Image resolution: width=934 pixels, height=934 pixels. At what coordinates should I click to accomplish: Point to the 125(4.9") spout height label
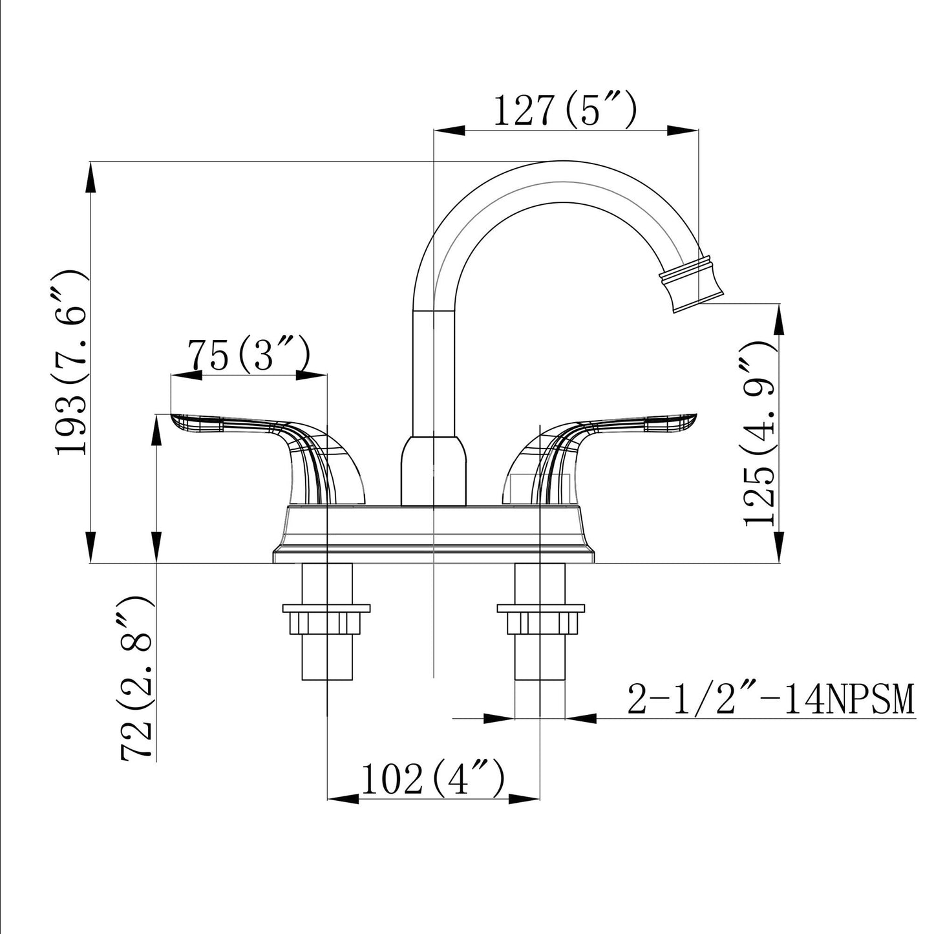coord(760,432)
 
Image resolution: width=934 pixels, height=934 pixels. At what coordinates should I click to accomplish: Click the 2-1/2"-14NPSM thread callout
coord(770,699)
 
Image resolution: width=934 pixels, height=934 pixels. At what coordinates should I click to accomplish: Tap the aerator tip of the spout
coord(692,285)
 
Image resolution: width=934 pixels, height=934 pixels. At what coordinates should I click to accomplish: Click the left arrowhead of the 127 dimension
coord(449,130)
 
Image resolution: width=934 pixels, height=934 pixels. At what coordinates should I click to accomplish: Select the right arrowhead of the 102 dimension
coord(524,799)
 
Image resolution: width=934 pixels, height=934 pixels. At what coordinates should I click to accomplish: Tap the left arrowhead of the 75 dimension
coord(187,375)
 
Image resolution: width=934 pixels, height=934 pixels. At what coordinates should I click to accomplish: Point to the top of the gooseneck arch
coord(562,161)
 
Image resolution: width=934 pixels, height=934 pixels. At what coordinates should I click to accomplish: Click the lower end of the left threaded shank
coord(326,679)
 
